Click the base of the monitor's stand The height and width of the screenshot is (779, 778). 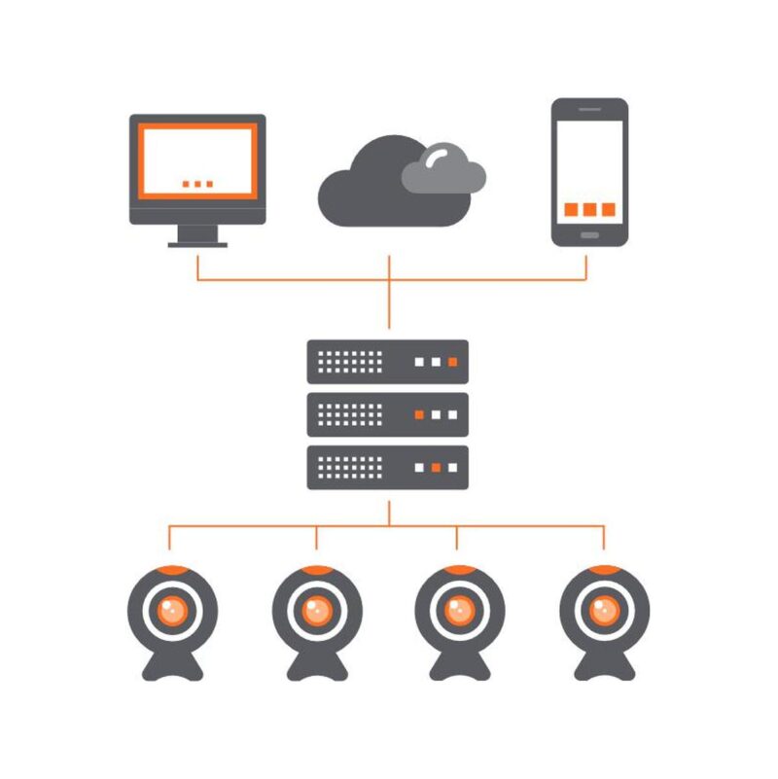coord(197,244)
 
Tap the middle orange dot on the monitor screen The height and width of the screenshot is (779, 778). coord(197,183)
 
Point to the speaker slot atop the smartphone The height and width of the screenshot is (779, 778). coord(589,109)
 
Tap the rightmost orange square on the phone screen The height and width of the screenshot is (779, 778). coord(608,209)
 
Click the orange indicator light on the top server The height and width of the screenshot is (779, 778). coord(453,362)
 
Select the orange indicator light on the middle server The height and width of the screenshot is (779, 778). coord(419,415)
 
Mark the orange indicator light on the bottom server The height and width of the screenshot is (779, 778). coord(437,468)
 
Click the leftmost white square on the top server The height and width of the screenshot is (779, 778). coord(420,362)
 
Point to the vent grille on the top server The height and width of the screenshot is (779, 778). coord(350,362)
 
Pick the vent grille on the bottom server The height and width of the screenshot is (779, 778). coord(350,468)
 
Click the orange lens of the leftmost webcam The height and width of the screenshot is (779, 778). coord(172,611)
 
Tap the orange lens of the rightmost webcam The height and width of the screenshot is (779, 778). coord(604,611)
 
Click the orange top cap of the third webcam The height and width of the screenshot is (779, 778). coord(459,570)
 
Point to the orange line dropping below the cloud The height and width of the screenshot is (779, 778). coord(389,292)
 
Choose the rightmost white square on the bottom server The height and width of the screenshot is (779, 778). coord(453,468)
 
